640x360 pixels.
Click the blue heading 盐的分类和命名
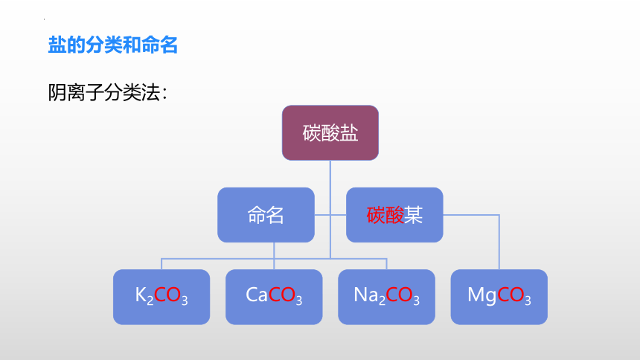pyautogui.click(x=112, y=45)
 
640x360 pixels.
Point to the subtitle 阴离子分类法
pyautogui.click(x=107, y=93)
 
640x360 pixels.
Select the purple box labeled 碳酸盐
pyautogui.click(x=330, y=132)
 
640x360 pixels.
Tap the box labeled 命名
pyautogui.click(x=266, y=215)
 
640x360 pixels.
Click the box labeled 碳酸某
pyautogui.click(x=394, y=215)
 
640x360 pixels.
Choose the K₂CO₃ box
pyautogui.click(x=161, y=297)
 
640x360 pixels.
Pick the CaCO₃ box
pyautogui.click(x=274, y=297)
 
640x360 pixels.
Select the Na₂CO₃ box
pyautogui.click(x=386, y=297)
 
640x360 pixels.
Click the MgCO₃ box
pyautogui.click(x=499, y=297)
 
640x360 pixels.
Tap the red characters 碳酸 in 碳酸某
pyautogui.click(x=385, y=215)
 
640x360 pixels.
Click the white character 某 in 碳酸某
pyautogui.click(x=413, y=215)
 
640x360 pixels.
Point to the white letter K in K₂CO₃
pyautogui.click(x=141, y=295)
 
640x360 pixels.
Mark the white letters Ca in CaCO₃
pyautogui.click(x=256, y=295)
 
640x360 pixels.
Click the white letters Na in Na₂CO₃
pyautogui.click(x=365, y=295)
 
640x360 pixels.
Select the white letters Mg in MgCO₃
pyautogui.click(x=482, y=295)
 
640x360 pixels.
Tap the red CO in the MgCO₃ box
pyautogui.click(x=511, y=295)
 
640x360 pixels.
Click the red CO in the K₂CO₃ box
pyautogui.click(x=167, y=295)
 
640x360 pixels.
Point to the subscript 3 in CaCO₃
pyautogui.click(x=298, y=300)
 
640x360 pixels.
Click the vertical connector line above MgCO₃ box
pyautogui.click(x=499, y=242)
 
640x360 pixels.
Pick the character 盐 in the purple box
pyautogui.click(x=349, y=133)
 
